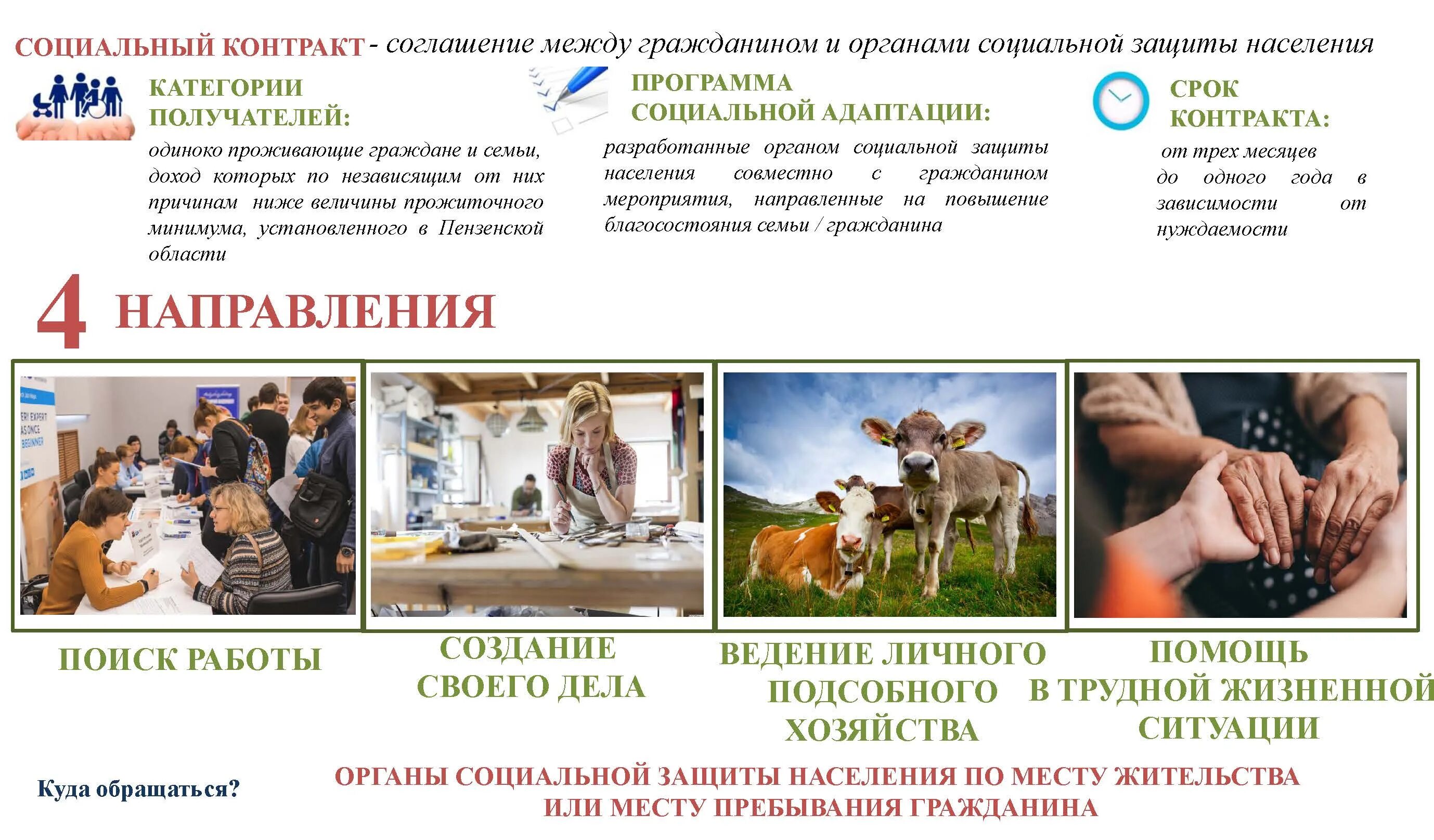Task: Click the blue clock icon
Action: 1120,101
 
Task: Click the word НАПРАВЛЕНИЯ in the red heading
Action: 305,312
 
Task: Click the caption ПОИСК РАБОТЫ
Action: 190,659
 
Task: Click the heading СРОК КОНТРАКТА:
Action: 1248,104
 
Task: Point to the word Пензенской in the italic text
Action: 490,228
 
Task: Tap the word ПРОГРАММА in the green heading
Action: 712,83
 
